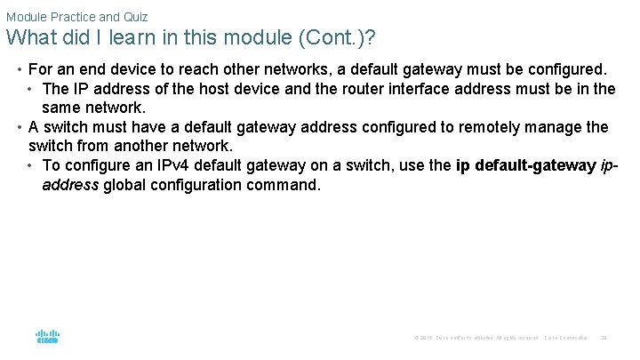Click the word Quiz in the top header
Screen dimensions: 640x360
point(134,17)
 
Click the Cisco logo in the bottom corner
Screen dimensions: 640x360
point(47,337)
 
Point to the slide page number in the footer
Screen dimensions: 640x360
point(604,338)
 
